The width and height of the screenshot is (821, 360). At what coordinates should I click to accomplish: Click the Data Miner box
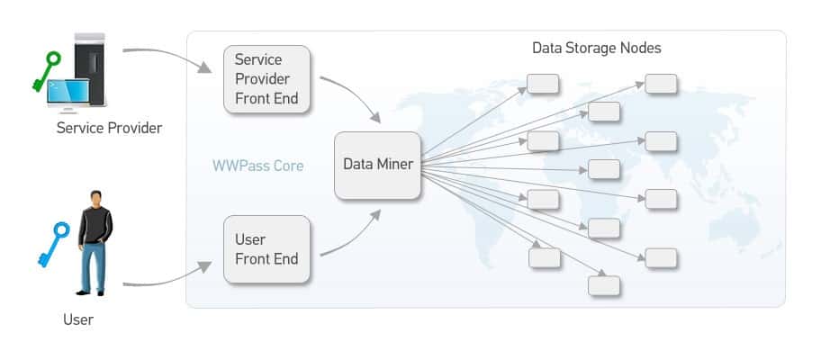coord(378,166)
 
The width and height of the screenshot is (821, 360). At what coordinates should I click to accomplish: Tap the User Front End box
coord(266,249)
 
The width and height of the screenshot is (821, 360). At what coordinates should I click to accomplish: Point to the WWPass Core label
coord(257,166)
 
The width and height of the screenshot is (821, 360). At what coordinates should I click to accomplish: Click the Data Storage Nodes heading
coord(596,48)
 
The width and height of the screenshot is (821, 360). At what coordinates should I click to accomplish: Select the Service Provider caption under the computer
coord(109,128)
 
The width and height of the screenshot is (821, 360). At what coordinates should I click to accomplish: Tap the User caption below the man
coord(78,319)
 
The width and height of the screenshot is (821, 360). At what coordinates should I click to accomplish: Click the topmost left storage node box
coord(543,85)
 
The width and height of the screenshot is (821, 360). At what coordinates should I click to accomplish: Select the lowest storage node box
coord(603,285)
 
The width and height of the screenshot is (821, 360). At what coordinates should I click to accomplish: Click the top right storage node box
coord(661,84)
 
